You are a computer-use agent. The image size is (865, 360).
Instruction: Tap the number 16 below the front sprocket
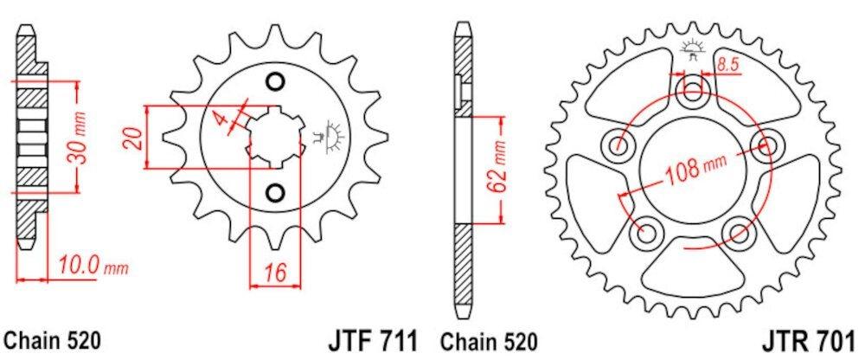276,273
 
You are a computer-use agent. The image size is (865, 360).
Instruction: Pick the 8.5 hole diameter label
727,63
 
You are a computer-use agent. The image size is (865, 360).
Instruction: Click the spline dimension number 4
223,121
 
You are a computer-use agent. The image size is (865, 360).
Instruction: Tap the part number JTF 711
375,338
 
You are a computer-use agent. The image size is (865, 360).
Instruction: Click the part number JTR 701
810,338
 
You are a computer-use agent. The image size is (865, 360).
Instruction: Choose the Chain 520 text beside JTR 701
487,338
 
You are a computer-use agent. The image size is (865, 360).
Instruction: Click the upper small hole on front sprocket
276,83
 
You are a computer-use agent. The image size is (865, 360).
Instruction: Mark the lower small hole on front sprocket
276,191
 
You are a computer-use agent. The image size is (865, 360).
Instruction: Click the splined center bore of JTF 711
275,137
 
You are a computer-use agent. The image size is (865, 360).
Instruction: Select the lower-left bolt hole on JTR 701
645,230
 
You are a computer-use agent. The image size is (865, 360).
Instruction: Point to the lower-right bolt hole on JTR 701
738,231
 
